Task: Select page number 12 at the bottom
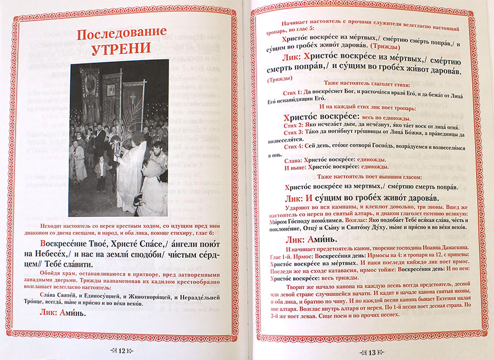coord(123,350)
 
